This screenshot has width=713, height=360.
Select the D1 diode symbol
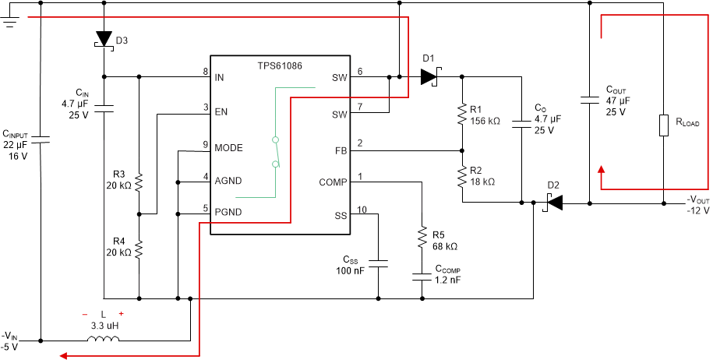click(x=429, y=76)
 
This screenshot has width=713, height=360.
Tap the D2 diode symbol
click(x=552, y=203)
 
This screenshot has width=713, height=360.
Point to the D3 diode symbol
click(x=104, y=40)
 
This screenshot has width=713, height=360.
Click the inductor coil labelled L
click(x=104, y=339)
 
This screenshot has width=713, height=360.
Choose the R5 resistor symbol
click(x=422, y=235)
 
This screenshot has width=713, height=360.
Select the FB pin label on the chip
click(x=341, y=150)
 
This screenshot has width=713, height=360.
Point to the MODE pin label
click(x=229, y=147)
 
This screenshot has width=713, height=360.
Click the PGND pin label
click(x=228, y=211)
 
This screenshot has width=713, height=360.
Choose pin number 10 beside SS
click(x=361, y=210)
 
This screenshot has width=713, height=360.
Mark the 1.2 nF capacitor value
click(x=448, y=279)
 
